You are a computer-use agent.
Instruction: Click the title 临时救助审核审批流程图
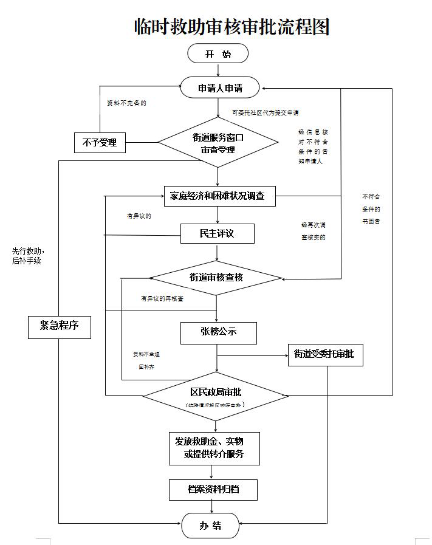coord(231,26)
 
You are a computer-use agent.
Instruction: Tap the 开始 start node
coord(218,54)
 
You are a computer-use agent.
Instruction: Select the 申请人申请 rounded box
coord(220,88)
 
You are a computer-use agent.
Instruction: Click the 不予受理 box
coord(100,143)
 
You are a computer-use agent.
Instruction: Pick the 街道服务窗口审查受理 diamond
coord(218,143)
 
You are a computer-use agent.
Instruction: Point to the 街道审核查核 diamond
coord(216,278)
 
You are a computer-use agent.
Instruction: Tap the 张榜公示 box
coord(218,332)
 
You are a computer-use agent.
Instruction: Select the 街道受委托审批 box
coord(324,354)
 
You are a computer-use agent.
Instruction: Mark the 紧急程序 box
coord(60,326)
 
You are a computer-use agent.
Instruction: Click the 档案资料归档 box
coord(214,489)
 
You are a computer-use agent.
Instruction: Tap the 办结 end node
coord(210,526)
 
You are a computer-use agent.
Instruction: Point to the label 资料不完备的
coord(126,103)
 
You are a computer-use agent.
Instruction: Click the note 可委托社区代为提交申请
coord(265,112)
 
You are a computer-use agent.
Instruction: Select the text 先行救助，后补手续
coord(29,256)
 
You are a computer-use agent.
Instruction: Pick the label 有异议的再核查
coord(162,298)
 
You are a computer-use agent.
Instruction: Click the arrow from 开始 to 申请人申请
coord(218,70)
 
